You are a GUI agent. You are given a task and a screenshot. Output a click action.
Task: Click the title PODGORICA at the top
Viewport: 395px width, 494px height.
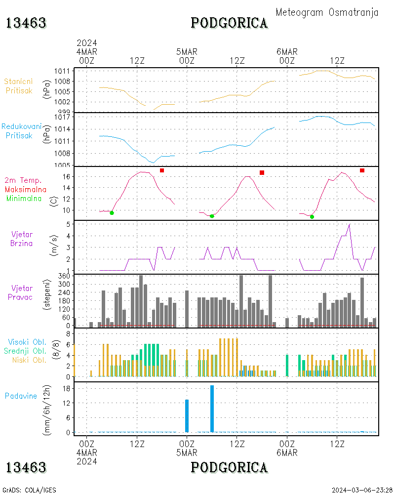click(x=229, y=23)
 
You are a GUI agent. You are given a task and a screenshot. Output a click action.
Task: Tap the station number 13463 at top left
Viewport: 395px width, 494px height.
click(x=26, y=23)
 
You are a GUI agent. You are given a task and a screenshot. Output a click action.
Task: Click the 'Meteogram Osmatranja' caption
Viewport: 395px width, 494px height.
click(x=327, y=12)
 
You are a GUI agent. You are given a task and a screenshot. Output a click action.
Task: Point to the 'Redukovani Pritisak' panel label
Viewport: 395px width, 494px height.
click(x=22, y=131)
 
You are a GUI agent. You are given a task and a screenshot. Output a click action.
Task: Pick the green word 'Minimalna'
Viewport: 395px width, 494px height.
click(x=24, y=198)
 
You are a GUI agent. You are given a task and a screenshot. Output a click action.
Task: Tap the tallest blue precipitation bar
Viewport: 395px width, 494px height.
click(x=212, y=409)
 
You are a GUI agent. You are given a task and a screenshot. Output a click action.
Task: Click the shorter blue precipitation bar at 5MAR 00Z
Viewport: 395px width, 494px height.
click(x=187, y=416)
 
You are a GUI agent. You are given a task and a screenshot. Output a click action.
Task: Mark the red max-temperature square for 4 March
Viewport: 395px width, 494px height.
click(x=162, y=170)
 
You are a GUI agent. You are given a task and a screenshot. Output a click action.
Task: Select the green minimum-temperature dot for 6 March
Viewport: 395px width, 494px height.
click(x=312, y=216)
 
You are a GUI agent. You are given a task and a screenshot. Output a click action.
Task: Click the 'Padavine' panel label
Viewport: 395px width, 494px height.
click(x=21, y=396)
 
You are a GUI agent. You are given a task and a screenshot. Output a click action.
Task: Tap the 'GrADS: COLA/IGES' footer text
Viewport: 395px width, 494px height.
click(x=29, y=490)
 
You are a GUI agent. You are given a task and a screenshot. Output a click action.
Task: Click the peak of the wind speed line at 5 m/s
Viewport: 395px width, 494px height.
click(x=350, y=224)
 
